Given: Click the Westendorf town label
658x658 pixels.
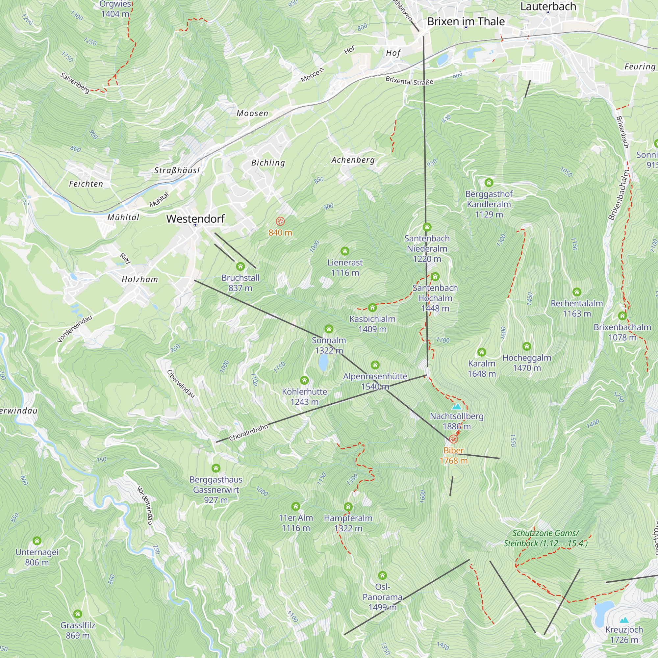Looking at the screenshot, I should click(195, 219).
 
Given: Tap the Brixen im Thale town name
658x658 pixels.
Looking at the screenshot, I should click(466, 21).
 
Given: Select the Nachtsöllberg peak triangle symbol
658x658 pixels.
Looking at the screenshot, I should click(456, 407).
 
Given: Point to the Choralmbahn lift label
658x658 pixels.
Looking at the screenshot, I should click(248, 433).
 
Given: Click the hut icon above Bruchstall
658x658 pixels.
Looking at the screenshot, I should click(240, 266).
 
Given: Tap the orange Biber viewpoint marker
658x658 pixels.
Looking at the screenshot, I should click(453, 439).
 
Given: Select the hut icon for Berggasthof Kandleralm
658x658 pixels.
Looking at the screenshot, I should click(489, 183).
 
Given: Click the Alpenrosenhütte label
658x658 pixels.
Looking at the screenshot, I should click(375, 376).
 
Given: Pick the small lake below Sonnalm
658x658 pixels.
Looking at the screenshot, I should click(323, 363).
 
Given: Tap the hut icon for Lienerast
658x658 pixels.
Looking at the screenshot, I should click(345, 251).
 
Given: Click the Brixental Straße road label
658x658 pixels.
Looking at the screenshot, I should click(409, 81).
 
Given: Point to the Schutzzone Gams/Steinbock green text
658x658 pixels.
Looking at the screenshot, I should click(545, 538).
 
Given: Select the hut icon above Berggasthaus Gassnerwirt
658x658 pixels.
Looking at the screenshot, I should click(216, 468).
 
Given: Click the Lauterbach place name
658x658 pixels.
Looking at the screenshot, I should click(548, 7).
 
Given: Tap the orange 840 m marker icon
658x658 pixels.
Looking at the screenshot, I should click(280, 221).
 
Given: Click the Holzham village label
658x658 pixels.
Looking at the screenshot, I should click(139, 280).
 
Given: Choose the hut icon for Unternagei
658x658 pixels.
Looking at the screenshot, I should click(37, 541).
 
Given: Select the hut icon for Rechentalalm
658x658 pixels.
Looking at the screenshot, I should click(577, 292).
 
